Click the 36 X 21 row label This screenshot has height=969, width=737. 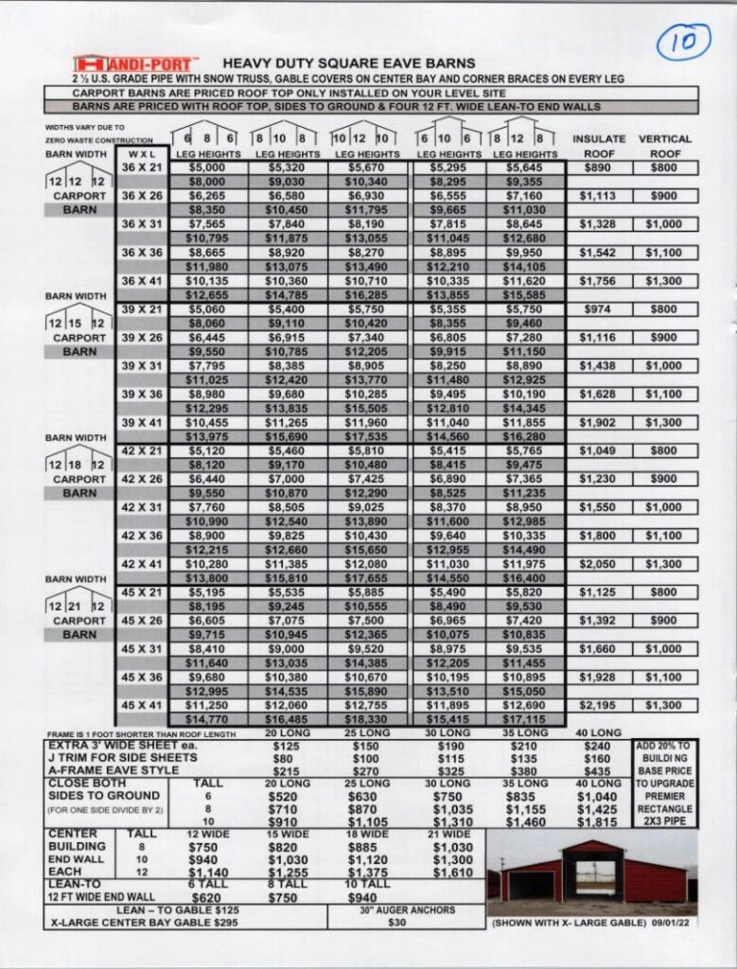click(x=142, y=167)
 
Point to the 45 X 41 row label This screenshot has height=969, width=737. click(x=142, y=705)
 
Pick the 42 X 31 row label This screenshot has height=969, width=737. click(x=142, y=507)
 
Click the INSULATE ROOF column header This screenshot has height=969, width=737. click(x=599, y=146)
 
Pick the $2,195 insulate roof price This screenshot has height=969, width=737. click(x=599, y=705)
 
